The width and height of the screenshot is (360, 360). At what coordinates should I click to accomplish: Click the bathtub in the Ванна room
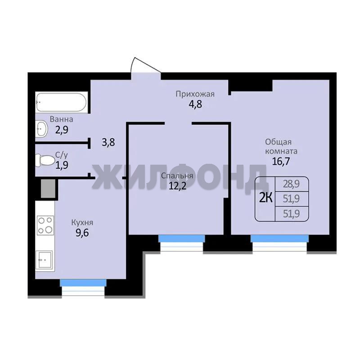62,102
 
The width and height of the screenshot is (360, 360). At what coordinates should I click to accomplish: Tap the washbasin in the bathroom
41,129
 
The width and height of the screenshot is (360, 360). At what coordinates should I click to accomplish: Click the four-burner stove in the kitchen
45,225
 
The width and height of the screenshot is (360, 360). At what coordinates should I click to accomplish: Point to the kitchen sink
45,260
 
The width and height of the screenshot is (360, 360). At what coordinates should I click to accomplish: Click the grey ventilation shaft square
48,188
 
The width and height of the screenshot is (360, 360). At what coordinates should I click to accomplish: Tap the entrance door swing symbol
145,65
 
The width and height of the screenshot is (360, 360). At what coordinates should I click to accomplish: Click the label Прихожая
195,94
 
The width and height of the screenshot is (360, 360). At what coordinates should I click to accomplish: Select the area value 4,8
195,104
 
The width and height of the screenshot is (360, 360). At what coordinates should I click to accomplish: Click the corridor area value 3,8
108,142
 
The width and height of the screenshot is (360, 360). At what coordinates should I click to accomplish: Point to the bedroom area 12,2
177,186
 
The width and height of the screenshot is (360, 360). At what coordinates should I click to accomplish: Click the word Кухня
82,222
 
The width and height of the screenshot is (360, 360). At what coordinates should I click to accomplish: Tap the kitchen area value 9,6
82,233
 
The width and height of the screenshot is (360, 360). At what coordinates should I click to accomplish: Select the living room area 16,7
281,162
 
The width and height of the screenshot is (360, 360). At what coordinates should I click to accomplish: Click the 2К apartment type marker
265,198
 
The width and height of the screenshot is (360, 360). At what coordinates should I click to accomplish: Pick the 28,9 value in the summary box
291,184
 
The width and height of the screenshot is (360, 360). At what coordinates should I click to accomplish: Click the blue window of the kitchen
83,283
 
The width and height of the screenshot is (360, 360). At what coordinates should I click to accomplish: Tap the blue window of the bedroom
182,238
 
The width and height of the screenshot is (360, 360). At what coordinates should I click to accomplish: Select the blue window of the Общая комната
279,238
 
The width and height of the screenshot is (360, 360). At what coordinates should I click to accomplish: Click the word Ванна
62,119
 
